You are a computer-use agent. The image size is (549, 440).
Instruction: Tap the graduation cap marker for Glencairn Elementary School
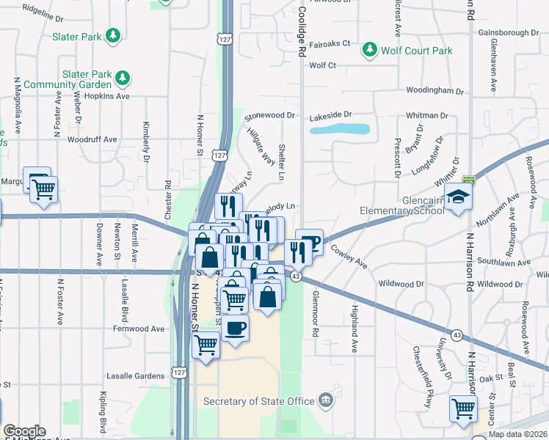coord(458,197)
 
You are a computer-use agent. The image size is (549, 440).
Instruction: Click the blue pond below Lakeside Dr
coord(339,129)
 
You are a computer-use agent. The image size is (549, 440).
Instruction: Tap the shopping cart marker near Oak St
coord(463,408)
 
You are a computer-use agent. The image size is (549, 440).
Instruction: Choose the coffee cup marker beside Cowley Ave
coord(311,242)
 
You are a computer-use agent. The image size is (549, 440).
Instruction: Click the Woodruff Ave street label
coord(92,139)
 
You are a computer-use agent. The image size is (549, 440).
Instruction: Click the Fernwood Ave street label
coord(139,329)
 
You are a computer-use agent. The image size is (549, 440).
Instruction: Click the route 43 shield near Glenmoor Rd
coord(295,276)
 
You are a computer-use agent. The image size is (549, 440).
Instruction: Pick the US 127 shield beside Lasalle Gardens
coord(180,373)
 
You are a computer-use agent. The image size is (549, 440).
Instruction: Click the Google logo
coord(24,431)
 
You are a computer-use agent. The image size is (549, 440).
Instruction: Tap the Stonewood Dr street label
coord(269,116)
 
